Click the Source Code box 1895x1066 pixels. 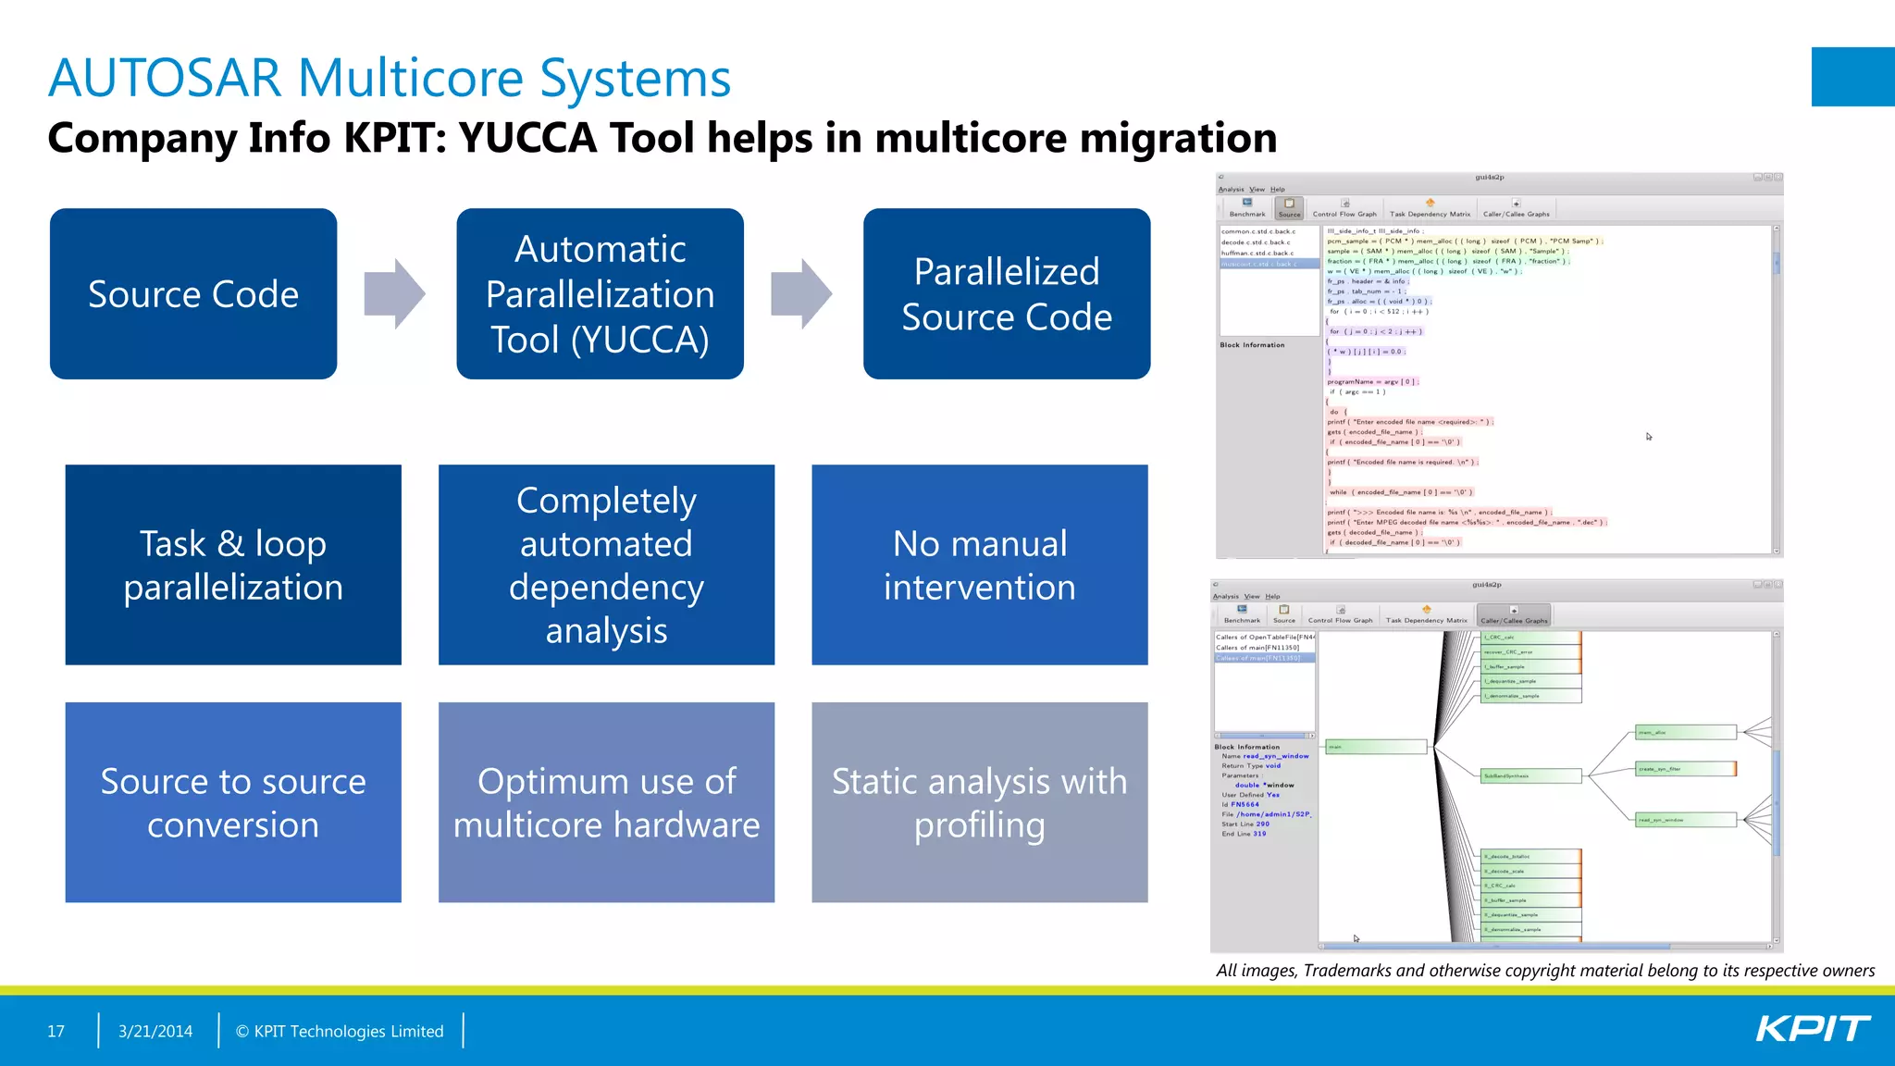coord(192,293)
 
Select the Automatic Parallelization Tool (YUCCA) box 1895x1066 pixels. coord(600,293)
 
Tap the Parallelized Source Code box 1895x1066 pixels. coord(1007,293)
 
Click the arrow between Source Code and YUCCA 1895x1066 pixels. coord(395,293)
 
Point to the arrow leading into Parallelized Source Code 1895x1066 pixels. coord(801,293)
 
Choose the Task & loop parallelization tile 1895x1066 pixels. coord(233,564)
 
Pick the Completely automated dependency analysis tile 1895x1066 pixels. coord(606,564)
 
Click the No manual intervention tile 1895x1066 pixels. coord(979,564)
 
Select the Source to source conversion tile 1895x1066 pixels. coord(233,801)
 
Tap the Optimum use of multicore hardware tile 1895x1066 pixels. coord(606,801)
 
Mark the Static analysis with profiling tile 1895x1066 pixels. coord(979,801)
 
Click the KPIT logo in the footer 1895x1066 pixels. coord(1812,1029)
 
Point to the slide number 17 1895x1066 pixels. coord(56,1031)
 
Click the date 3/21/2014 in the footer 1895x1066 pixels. coord(155,1031)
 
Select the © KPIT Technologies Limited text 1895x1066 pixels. coord(340,1031)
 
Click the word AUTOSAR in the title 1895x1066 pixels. coord(165,78)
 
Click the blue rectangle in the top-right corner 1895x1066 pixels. coord(1852,77)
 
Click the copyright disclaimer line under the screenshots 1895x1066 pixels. coord(1545,970)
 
